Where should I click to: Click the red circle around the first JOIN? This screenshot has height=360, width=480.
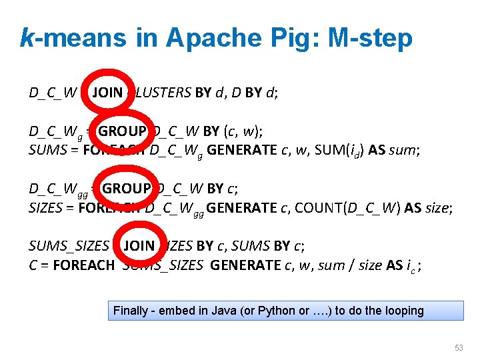[106, 93]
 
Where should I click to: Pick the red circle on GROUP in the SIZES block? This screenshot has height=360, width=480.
[129, 188]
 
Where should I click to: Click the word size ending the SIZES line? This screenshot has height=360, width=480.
[437, 207]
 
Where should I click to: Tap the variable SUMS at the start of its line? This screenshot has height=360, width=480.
[45, 150]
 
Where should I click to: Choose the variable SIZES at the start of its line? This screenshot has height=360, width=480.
[45, 207]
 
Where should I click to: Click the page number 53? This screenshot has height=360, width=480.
[458, 348]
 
